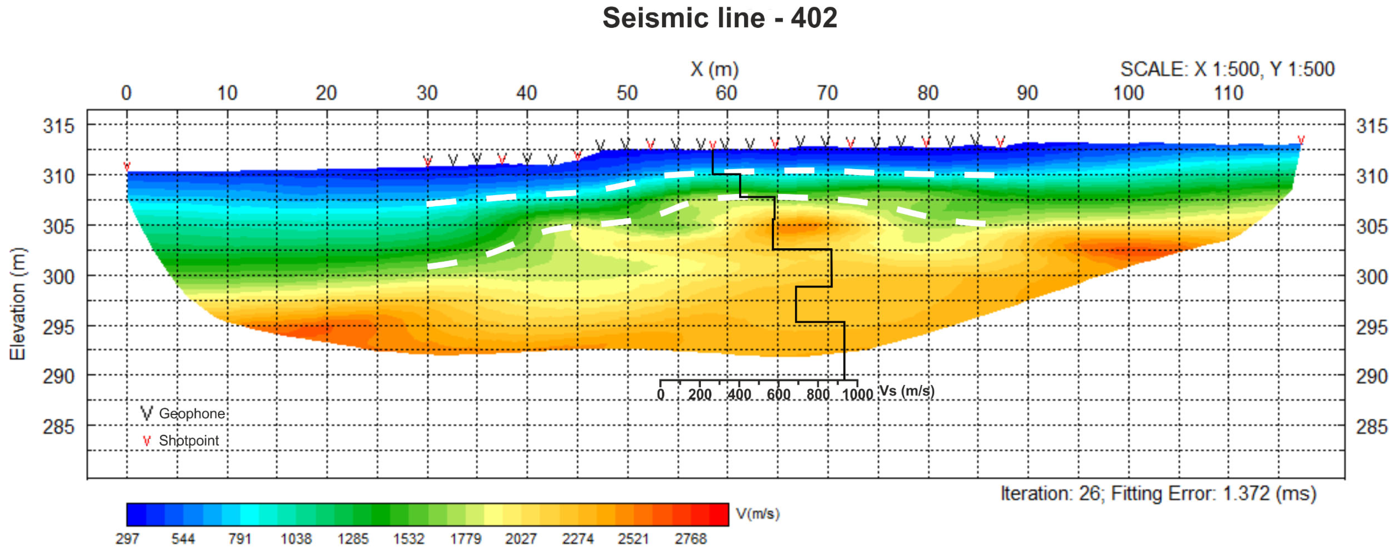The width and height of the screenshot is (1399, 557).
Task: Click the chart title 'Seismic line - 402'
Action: tap(719, 19)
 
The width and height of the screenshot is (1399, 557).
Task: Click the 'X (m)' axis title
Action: tap(714, 70)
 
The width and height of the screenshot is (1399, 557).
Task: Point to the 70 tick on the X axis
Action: tap(827, 93)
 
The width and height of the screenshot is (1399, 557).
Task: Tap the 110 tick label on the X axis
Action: tap(1228, 93)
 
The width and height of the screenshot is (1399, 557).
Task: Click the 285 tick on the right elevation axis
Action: tap(1372, 427)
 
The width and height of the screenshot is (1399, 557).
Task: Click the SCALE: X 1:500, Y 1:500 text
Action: tap(1227, 70)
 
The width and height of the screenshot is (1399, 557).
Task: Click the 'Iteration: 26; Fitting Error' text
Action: tap(1158, 494)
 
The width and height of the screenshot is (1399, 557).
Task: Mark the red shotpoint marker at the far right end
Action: tap(1301, 140)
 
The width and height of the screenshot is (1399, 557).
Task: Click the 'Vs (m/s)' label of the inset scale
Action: tap(906, 391)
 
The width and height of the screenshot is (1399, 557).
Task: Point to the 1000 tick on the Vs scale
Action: tap(857, 394)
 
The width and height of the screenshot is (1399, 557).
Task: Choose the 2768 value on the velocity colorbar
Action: tap(690, 538)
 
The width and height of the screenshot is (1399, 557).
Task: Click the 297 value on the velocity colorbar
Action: tap(127, 538)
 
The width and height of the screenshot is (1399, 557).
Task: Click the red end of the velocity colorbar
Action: tap(718, 514)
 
